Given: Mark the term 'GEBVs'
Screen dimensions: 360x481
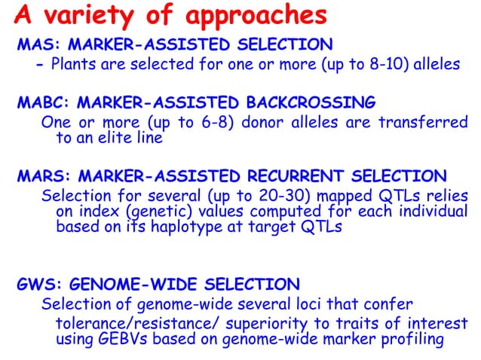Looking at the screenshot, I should (x=122, y=340).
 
